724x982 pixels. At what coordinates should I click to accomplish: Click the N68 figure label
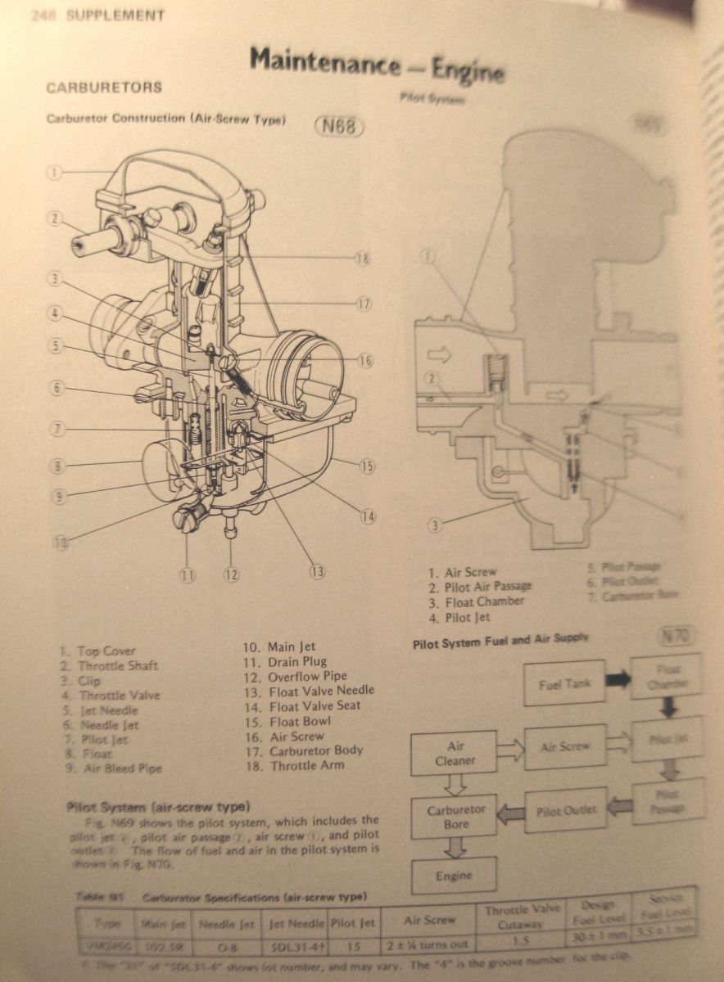coord(338,128)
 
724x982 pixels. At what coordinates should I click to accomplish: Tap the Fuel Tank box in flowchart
coord(565,684)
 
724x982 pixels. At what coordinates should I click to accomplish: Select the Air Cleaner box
coord(455,753)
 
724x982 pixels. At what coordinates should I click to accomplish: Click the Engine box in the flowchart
coord(454,876)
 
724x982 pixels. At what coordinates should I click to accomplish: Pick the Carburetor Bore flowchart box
coord(455,817)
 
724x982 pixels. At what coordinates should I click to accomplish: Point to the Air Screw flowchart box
coord(565,747)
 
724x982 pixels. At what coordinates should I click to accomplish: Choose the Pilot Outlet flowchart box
coord(565,811)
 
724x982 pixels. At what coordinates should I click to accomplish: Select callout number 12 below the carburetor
coord(231,574)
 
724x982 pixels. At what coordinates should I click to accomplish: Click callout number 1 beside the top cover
coord(54,173)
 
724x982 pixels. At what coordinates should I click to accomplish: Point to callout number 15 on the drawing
coord(366,466)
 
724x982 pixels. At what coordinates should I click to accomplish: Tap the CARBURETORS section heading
coord(104,88)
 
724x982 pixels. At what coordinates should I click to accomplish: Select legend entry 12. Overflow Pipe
coord(296,677)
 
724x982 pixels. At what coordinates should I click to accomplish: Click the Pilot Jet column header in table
coord(353,923)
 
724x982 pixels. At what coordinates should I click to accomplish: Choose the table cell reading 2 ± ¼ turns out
coord(429,946)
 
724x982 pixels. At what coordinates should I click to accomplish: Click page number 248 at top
coord(42,16)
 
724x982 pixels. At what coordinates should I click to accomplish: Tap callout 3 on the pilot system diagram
coord(435,525)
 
